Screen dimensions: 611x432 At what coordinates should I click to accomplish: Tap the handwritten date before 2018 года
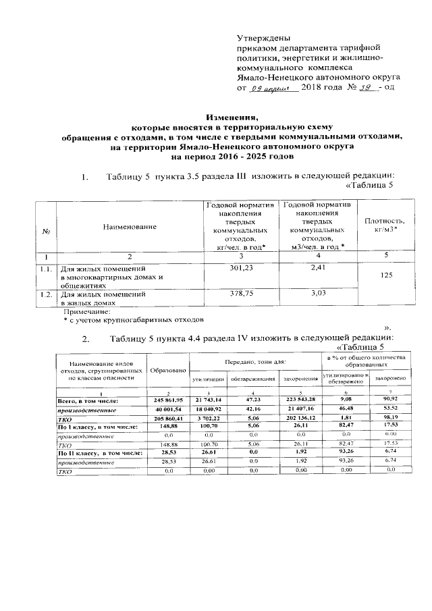[x=269, y=88]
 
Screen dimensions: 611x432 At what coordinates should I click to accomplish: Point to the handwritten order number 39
[x=367, y=88]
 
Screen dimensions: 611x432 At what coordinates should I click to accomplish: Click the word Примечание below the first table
[x=86, y=313]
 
